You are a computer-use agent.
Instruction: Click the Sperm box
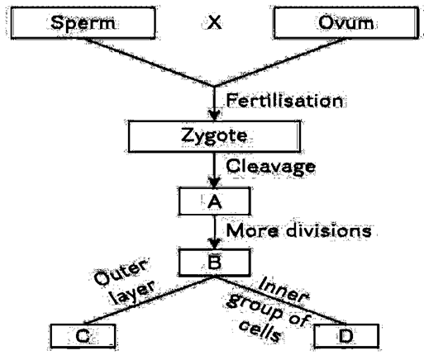click(83, 23)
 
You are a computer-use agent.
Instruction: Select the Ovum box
click(346, 23)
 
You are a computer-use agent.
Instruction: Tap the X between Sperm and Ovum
click(214, 22)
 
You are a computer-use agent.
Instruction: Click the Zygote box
click(214, 136)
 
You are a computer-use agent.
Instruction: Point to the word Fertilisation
click(284, 101)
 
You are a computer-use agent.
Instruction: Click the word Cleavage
click(271, 167)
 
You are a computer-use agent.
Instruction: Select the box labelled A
click(215, 201)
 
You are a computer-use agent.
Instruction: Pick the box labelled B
click(215, 263)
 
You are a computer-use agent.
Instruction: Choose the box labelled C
click(83, 336)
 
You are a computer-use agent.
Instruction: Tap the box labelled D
click(346, 336)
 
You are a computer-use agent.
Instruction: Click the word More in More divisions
click(252, 230)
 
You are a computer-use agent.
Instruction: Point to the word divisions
click(329, 230)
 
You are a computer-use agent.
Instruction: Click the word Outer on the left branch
click(121, 272)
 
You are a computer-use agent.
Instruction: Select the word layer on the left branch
click(134, 291)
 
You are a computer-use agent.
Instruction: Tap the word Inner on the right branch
click(283, 291)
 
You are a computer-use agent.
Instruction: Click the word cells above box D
click(260, 331)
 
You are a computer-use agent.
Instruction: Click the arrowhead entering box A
click(214, 182)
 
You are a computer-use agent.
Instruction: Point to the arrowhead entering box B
click(214, 244)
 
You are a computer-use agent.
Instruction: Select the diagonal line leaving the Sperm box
click(149, 63)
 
